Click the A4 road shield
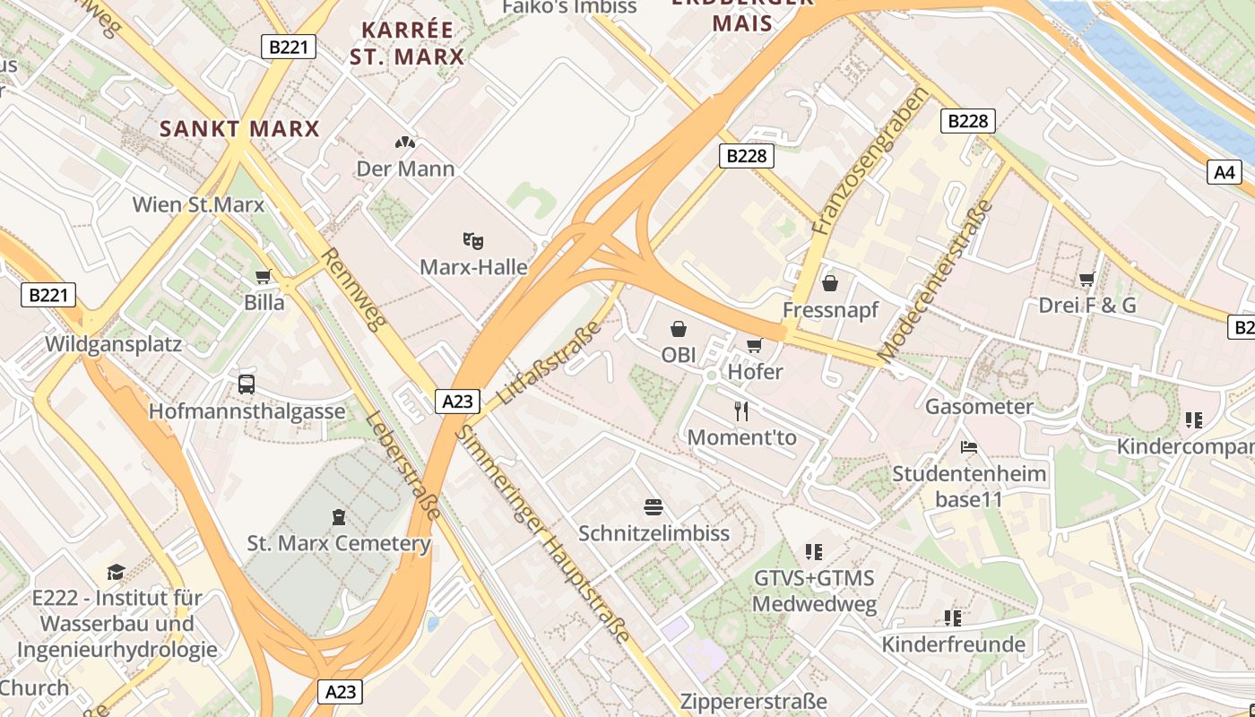point(1225,172)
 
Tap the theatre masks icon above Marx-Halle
point(473,240)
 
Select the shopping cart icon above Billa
point(264,276)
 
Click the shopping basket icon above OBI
point(679,329)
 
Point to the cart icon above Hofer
point(755,345)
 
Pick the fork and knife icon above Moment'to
point(741,411)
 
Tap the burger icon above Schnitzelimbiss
point(653,507)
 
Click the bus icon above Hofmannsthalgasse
point(247,384)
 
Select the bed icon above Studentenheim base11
point(968,446)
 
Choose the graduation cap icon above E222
point(116,572)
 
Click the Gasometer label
point(979,407)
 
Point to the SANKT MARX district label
point(239,129)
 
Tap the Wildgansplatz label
point(113,344)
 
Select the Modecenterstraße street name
point(937,281)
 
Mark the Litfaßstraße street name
point(548,363)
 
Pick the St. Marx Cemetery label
point(339,543)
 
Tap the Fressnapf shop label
point(830,309)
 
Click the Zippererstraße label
point(753,701)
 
